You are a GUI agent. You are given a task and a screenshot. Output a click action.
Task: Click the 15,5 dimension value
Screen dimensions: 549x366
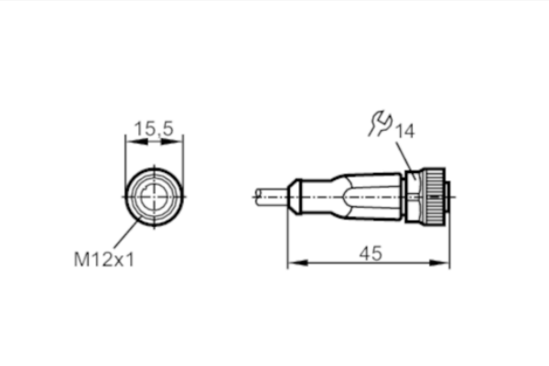point(154,128)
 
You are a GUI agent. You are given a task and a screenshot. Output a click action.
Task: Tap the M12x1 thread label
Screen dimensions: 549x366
point(104,260)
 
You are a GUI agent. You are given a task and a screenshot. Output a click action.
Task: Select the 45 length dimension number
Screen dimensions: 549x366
point(371,253)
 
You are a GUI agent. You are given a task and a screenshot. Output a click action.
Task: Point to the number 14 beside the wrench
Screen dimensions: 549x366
point(404,131)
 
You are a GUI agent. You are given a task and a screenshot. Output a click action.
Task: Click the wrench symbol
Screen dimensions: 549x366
point(381,123)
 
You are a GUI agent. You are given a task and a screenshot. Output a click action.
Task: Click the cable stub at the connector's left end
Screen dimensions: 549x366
point(273,197)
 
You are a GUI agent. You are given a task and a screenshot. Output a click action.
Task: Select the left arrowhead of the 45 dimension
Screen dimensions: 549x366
point(297,263)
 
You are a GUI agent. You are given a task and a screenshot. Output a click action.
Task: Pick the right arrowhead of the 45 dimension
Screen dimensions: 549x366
point(439,263)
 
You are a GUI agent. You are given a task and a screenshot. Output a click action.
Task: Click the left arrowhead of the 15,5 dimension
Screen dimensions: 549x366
point(135,142)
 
